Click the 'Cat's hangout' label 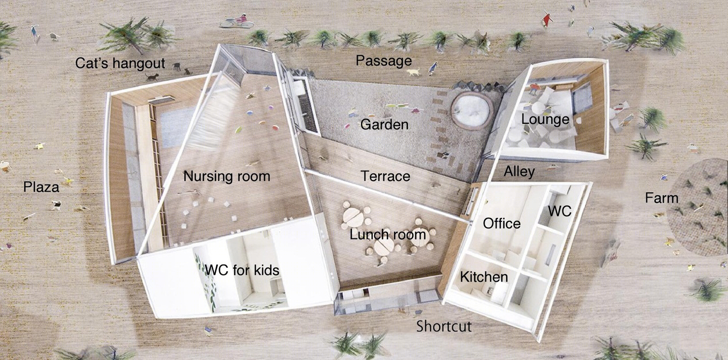click(120, 63)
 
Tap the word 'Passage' click(384, 61)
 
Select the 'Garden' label click(384, 125)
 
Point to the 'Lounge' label click(545, 120)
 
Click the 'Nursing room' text click(226, 176)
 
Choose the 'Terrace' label click(386, 176)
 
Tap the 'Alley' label click(519, 171)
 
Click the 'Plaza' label click(41, 187)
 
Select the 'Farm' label click(662, 197)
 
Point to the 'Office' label click(502, 223)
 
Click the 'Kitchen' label click(484, 277)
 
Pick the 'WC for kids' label click(242, 270)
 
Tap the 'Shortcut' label click(444, 326)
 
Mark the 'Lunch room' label click(388, 234)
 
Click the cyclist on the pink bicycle click(237, 21)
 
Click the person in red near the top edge click(547, 19)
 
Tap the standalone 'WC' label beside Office click(560, 211)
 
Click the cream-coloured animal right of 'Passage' click(413, 71)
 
